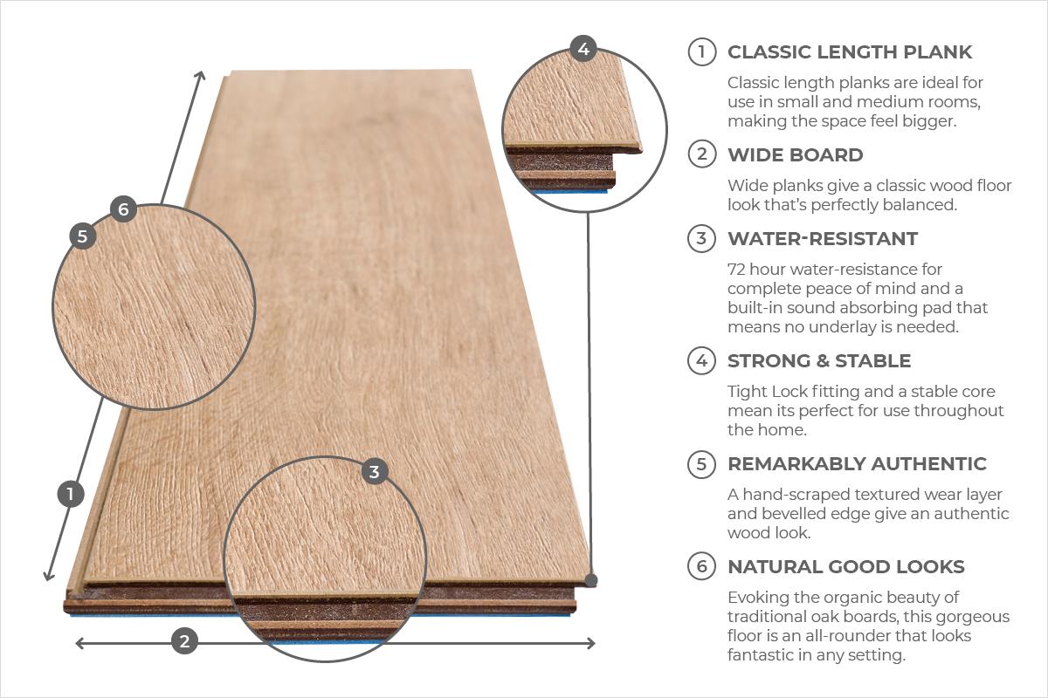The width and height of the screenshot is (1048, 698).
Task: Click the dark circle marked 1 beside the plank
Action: point(70,495)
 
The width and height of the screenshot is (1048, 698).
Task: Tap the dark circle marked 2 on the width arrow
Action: point(183,642)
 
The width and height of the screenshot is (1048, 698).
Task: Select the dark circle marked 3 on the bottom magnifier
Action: point(375,472)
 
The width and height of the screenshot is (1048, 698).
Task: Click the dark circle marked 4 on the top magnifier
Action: point(583,49)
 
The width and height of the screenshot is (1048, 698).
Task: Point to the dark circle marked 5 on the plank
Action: point(82,236)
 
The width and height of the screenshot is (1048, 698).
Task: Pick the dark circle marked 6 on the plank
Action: point(123,209)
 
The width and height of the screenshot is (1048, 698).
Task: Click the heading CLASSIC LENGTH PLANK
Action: point(849,52)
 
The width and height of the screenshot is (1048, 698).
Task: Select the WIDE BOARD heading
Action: point(795,155)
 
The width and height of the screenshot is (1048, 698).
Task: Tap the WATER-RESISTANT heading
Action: point(822,239)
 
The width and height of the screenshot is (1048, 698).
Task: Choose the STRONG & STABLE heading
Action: point(818,361)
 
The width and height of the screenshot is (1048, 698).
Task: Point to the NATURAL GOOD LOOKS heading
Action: point(845,567)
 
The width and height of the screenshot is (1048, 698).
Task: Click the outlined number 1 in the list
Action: point(701,52)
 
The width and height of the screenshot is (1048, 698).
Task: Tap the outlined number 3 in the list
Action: point(701,239)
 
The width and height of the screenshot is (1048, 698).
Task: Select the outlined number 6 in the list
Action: point(701,567)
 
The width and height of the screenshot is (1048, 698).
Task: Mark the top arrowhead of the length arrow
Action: point(201,76)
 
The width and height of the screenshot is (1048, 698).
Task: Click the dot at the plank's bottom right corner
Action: point(591,580)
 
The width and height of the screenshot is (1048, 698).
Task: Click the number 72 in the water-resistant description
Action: point(738,270)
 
